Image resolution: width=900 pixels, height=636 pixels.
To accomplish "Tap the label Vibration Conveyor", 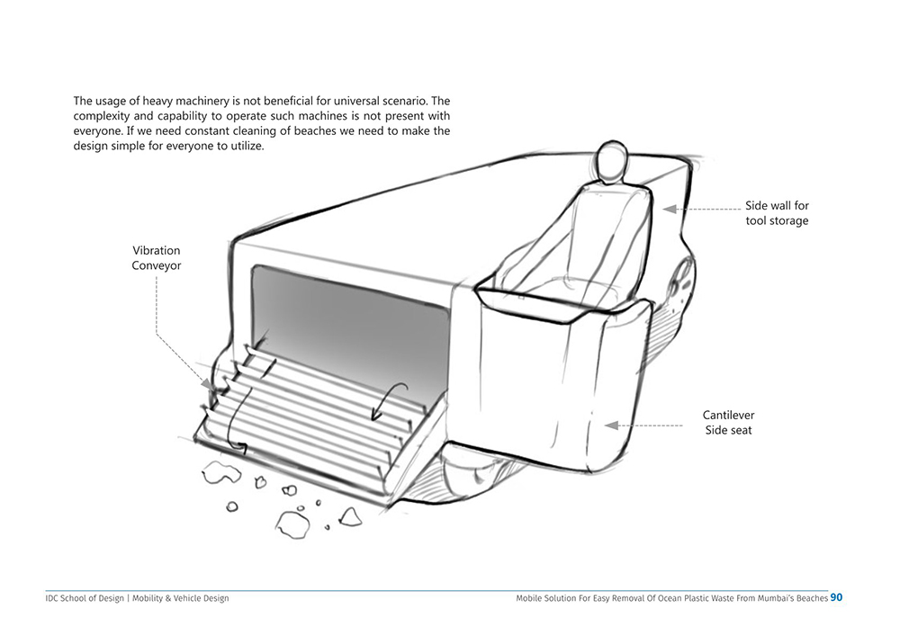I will [x=157, y=258].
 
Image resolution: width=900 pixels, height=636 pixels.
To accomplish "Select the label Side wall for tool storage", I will [x=777, y=213].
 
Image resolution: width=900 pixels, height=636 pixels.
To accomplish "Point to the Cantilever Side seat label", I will [x=728, y=423].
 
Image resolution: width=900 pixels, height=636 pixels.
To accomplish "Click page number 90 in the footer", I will [x=837, y=597].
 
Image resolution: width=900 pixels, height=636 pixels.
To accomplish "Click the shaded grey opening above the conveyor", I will [x=351, y=315].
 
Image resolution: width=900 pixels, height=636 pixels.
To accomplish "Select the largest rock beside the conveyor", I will [x=292, y=523].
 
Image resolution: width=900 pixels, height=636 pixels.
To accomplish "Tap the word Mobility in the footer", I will [x=153, y=598].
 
